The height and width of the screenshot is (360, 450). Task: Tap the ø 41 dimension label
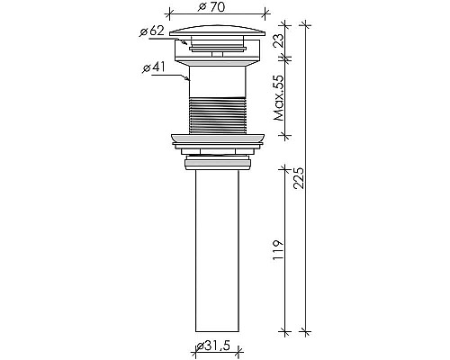[x=154, y=67]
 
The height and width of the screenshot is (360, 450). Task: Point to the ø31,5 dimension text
[x=215, y=347]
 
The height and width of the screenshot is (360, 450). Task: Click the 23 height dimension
[x=277, y=40]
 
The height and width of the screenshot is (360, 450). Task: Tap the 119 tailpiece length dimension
[x=277, y=247]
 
